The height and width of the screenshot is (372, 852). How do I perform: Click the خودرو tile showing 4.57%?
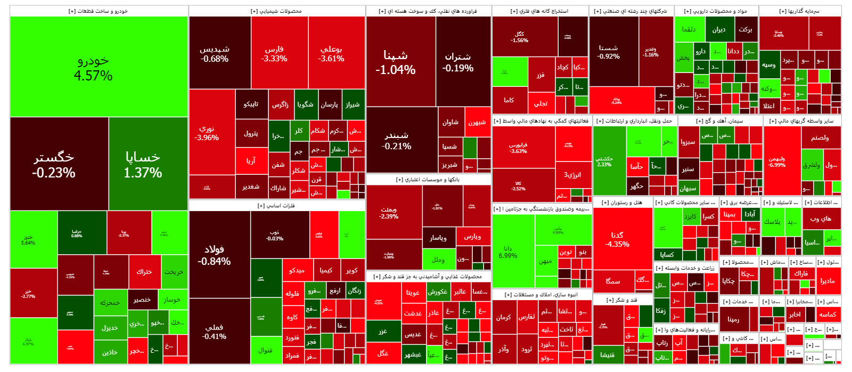pos(99,67)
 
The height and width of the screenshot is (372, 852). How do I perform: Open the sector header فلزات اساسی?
pos(276,205)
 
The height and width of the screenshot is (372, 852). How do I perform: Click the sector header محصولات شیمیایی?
pos(276,11)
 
